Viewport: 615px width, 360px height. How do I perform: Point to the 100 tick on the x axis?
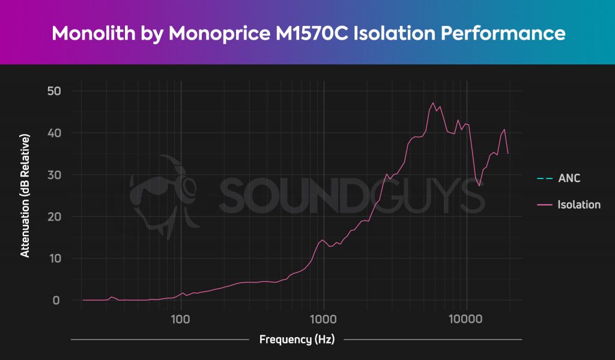pos(181,318)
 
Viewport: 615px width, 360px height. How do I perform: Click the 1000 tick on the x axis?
pos(324,318)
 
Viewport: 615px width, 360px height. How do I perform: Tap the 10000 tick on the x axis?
pos(467,318)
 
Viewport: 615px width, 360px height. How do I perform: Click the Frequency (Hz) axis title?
pos(296,340)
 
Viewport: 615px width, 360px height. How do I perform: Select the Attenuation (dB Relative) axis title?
pos(25,195)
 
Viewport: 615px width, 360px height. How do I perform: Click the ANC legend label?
pos(569,178)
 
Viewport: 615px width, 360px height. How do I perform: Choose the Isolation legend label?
pos(579,205)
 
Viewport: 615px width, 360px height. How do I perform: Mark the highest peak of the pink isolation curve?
pos(433,103)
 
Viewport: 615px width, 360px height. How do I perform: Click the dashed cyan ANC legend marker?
pos(545,178)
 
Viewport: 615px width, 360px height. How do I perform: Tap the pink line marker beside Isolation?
pos(545,205)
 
